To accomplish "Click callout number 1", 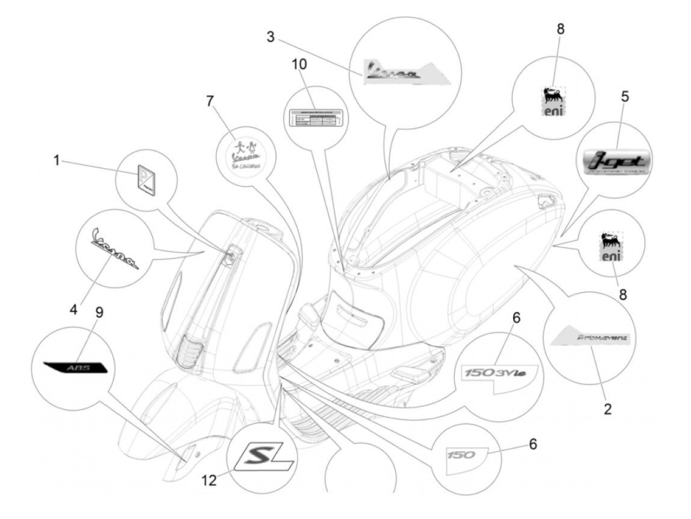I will [x=56, y=160].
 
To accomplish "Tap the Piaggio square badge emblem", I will [x=146, y=181].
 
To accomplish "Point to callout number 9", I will [x=99, y=312].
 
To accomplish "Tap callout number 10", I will [x=299, y=65].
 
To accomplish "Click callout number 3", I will [x=270, y=37].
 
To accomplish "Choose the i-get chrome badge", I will [x=615, y=161].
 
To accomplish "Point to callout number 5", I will [x=625, y=83].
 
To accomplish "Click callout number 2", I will [x=608, y=408].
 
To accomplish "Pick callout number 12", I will [x=210, y=480].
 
